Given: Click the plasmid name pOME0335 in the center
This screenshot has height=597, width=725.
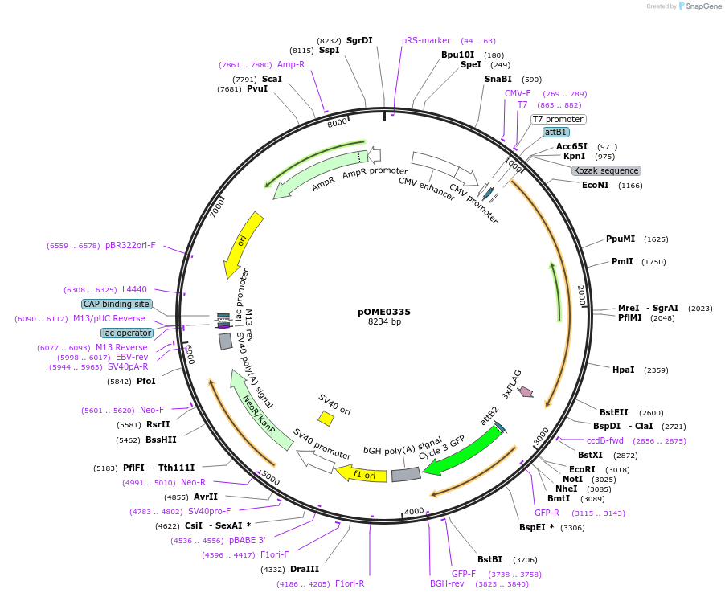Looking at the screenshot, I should [384, 311].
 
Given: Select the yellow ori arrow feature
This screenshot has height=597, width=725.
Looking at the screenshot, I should [242, 243].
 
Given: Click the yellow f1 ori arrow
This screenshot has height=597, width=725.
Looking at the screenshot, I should [360, 474].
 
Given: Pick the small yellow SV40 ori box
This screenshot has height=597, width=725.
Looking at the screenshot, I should [326, 418].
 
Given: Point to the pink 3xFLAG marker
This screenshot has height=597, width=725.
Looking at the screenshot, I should [526, 391].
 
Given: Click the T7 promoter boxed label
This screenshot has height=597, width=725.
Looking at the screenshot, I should [559, 119].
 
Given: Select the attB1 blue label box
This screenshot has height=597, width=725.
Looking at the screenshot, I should [556, 132].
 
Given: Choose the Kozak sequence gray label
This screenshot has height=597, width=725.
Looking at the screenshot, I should [606, 170].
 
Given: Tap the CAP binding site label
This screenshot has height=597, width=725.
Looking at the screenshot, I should [117, 304].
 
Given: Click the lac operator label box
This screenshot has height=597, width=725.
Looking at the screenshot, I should [127, 333].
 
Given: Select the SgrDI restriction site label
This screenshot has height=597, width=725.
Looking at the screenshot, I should [359, 40].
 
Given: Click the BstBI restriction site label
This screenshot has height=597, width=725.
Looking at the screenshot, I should [489, 559].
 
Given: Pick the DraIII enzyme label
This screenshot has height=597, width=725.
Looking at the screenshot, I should [305, 569].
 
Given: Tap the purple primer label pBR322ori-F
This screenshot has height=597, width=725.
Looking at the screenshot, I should [130, 246].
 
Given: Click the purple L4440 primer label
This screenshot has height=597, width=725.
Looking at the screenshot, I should [134, 289].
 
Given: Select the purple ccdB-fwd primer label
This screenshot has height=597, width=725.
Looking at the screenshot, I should [605, 440].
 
